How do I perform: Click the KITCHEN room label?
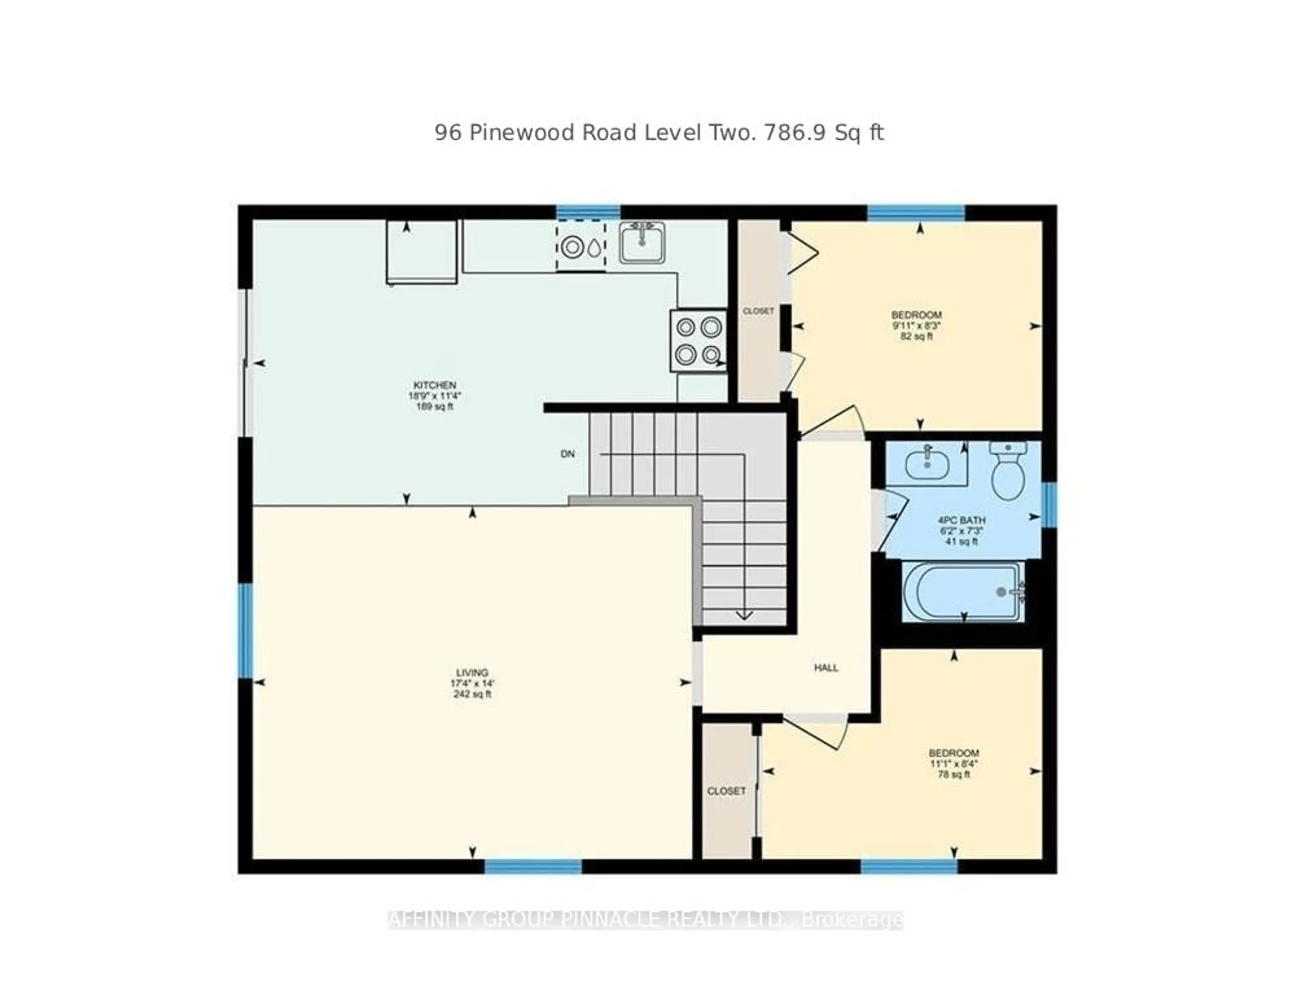[434, 385]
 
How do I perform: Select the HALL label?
[826, 667]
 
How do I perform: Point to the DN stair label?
[567, 454]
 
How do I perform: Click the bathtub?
[963, 591]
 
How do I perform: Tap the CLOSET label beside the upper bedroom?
[758, 311]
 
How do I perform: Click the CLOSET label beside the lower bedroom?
[726, 791]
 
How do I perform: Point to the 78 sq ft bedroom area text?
[953, 774]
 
